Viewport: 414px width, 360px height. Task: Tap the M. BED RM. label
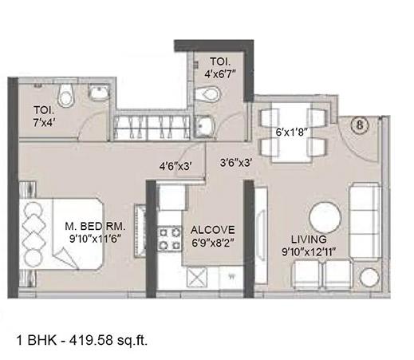(x=96, y=227)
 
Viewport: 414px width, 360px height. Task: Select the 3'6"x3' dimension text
(x=236, y=161)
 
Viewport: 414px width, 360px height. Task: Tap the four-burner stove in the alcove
(x=170, y=236)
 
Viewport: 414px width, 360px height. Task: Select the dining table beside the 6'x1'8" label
(x=293, y=131)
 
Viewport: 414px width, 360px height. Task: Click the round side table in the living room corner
(x=371, y=278)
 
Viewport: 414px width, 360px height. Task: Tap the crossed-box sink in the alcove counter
(x=195, y=277)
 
